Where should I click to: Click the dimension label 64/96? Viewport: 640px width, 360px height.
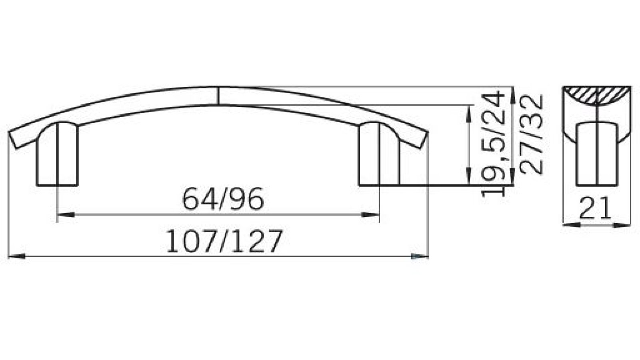point(223,199)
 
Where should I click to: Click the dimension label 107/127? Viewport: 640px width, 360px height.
point(224,242)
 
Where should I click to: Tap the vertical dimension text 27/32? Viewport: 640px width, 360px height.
point(532,134)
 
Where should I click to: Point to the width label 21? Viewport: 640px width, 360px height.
point(596,208)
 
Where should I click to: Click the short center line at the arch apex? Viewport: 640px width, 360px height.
point(218,95)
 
